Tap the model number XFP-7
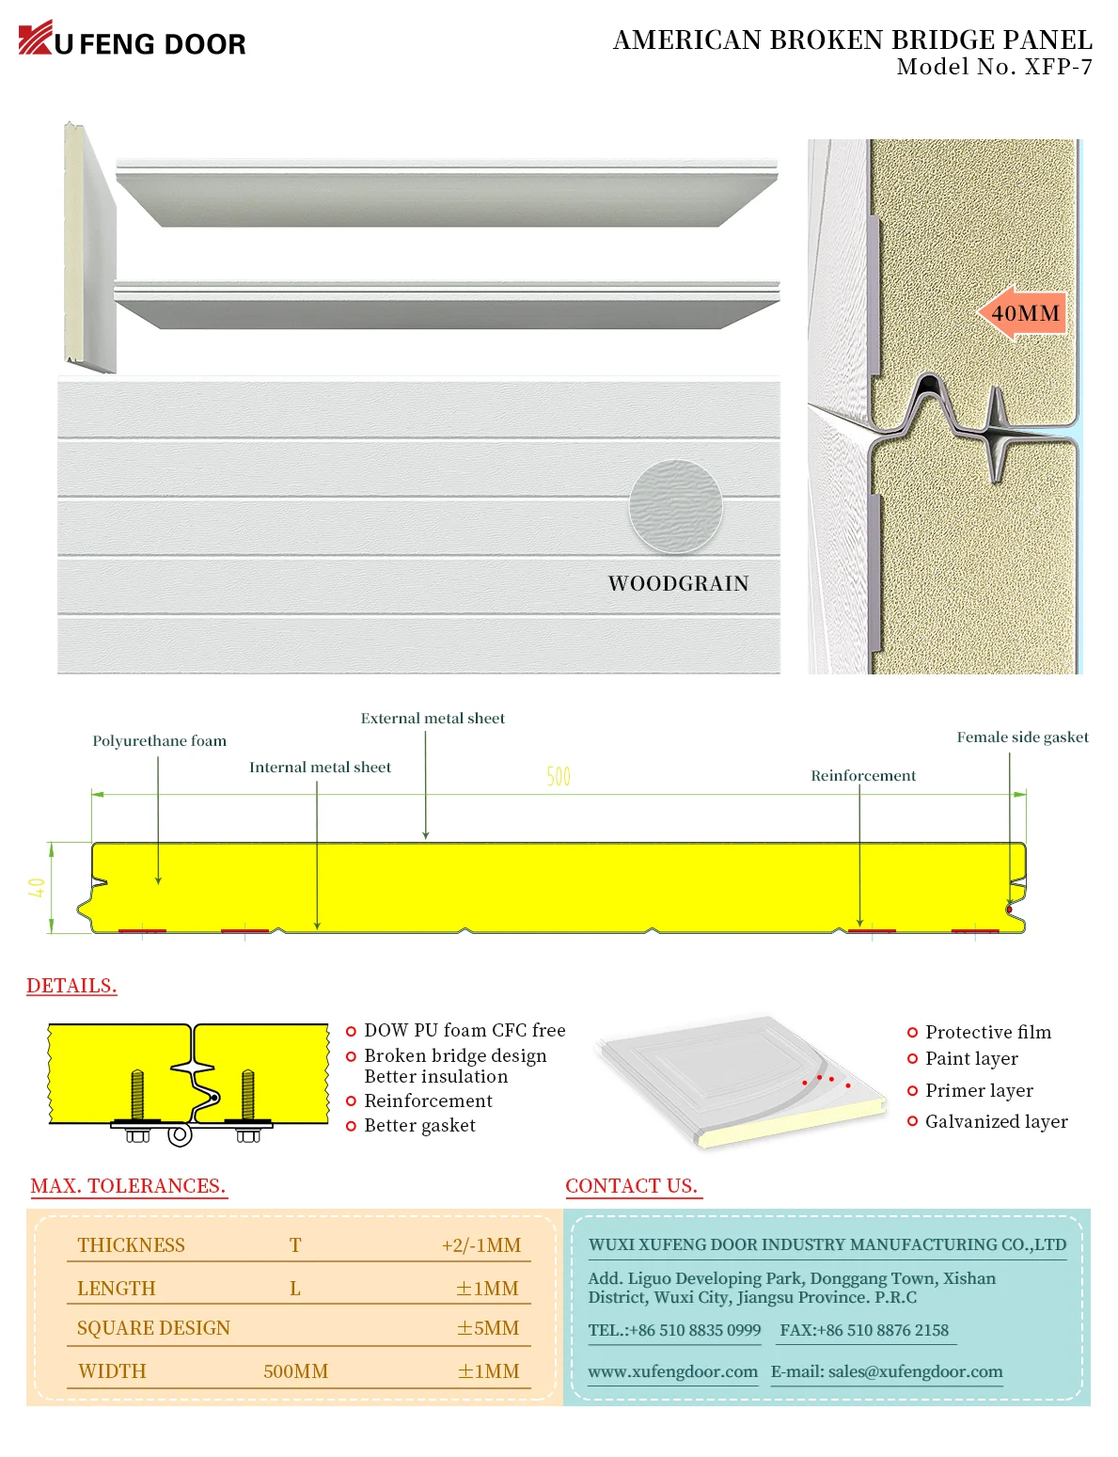[994, 67]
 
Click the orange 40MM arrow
[1022, 313]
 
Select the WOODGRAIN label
[678, 584]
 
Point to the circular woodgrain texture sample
[676, 506]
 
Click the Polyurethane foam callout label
[159, 741]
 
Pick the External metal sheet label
[433, 719]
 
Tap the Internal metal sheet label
[320, 768]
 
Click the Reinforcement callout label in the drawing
[863, 776]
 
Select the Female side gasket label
[1022, 737]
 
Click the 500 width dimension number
[559, 777]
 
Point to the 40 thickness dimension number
[37, 887]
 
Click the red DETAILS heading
[71, 986]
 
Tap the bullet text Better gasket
[419, 1126]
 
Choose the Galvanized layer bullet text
[996, 1121]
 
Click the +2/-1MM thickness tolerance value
[480, 1245]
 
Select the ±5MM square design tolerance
[488, 1328]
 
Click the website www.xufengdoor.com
[672, 1371]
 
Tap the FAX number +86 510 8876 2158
[864, 1330]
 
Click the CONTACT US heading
[631, 1186]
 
